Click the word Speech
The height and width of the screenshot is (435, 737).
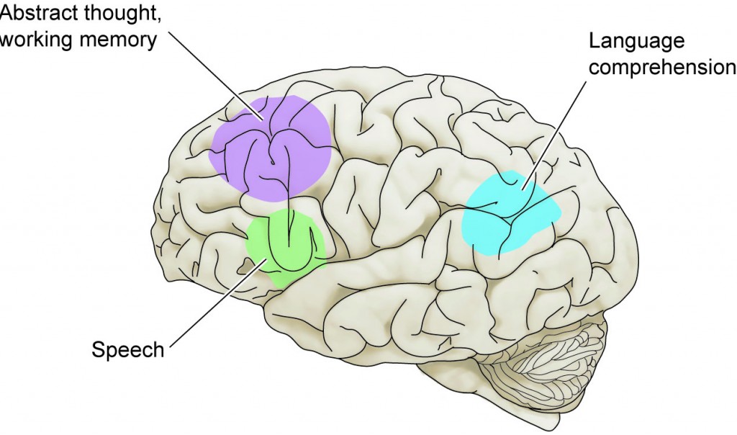point(128,351)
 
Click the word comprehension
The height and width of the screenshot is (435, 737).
point(662,68)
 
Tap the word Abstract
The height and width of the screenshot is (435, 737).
point(32,13)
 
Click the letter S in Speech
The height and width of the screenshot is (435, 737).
point(98,350)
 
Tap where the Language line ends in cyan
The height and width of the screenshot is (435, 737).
point(523,189)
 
